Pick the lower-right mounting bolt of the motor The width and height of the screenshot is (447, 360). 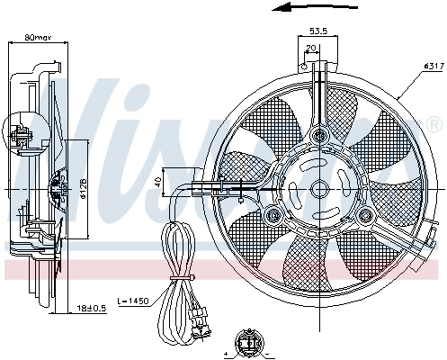pyautogui.click(x=366, y=213)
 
